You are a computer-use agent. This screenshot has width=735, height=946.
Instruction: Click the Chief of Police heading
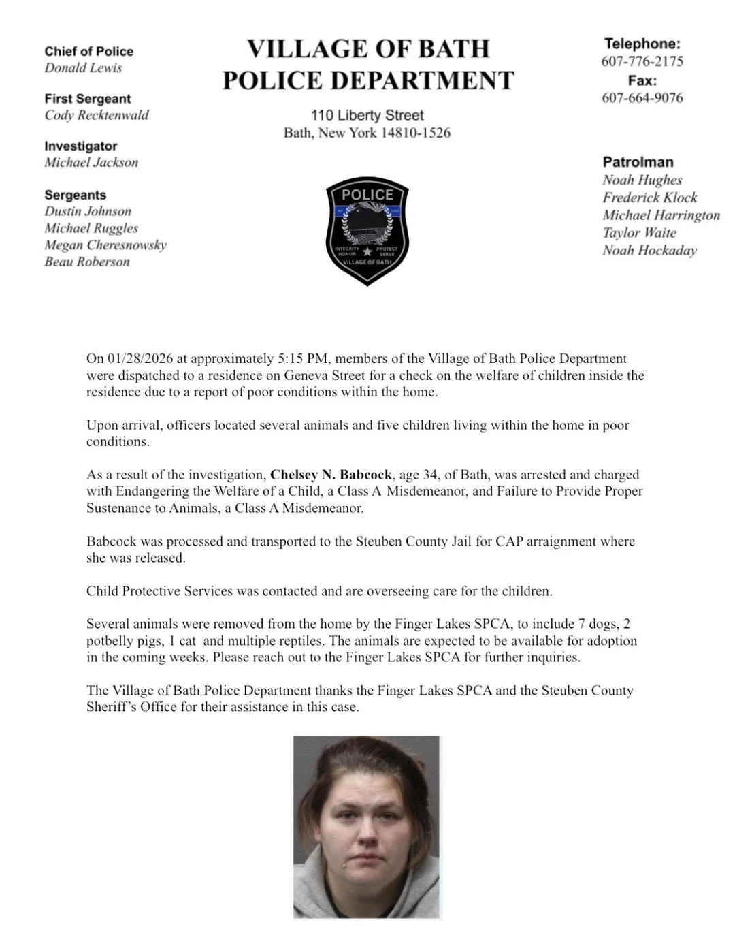click(89, 52)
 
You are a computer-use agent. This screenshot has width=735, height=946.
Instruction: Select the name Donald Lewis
click(83, 68)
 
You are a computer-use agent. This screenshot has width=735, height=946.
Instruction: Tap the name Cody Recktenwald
click(97, 115)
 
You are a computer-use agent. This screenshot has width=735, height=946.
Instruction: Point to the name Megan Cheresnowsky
click(105, 245)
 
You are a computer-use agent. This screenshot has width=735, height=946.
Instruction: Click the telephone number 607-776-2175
click(642, 61)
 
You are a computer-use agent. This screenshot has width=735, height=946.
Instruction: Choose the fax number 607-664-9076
click(642, 98)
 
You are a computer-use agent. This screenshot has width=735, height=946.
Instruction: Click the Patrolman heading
click(638, 162)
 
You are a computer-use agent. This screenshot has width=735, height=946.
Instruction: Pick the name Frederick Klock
click(649, 198)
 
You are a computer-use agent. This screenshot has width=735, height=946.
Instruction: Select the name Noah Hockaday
click(649, 251)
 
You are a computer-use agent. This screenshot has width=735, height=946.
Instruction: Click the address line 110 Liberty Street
click(367, 115)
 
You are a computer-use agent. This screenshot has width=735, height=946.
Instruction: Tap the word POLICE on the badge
click(367, 195)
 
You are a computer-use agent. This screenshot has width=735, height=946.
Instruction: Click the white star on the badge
click(367, 252)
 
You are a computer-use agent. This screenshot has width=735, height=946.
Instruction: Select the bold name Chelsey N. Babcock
click(331, 475)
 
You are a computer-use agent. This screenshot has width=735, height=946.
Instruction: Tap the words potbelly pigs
click(125, 641)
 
